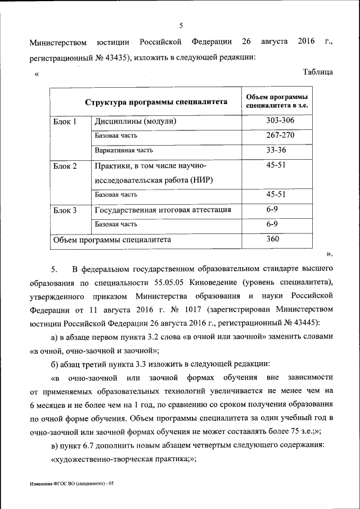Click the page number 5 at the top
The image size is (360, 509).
pyautogui.click(x=181, y=25)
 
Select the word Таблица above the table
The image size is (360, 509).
pyautogui.click(x=318, y=72)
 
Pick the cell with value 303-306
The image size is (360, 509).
pyautogui.click(x=280, y=121)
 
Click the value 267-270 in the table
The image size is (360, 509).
pyautogui.click(x=280, y=136)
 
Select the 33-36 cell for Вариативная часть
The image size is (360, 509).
pyautogui.click(x=280, y=150)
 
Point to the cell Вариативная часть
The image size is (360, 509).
pyautogui.click(x=124, y=151)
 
